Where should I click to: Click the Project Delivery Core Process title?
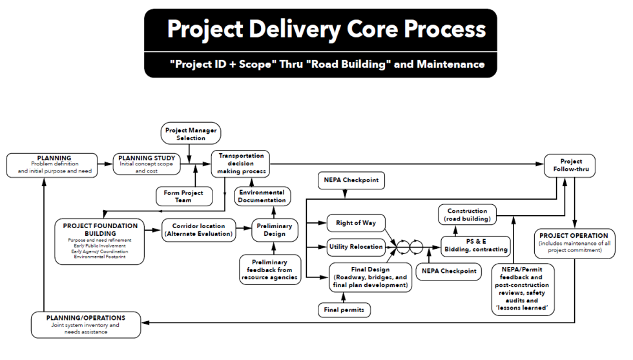pyautogui.click(x=326, y=29)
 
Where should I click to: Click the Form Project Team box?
pyautogui.click(x=183, y=196)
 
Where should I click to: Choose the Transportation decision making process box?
pyautogui.click(x=241, y=164)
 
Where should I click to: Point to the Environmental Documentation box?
pyautogui.click(x=262, y=196)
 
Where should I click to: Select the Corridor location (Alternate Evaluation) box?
pyautogui.click(x=198, y=230)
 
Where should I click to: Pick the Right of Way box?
pyautogui.click(x=355, y=223)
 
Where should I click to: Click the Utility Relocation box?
pyautogui.click(x=356, y=246)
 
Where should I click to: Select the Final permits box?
pyautogui.click(x=344, y=310)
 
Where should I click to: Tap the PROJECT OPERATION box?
pyautogui.click(x=574, y=242)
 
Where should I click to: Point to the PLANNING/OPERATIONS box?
pyautogui.click(x=86, y=325)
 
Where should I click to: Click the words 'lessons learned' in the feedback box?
pyautogui.click(x=523, y=309)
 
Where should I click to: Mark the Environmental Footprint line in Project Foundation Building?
pyautogui.click(x=99, y=257)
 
